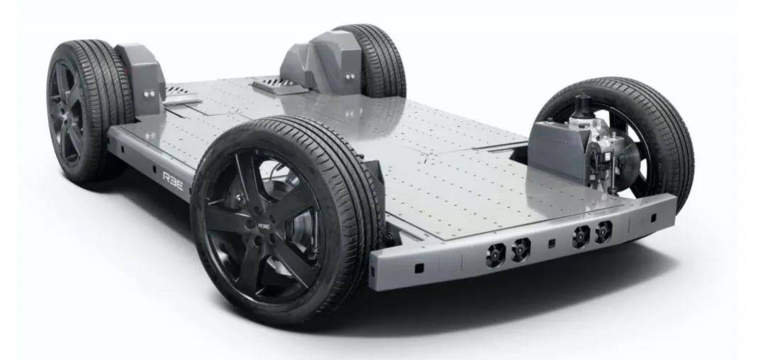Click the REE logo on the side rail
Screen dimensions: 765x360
tap(173, 181)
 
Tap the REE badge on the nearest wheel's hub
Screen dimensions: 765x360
tap(263, 226)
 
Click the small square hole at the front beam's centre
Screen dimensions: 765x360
tap(551, 243)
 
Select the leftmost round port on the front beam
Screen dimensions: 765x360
tap(495, 254)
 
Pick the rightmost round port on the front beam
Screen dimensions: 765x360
tap(603, 231)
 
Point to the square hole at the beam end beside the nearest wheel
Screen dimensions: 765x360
tap(419, 268)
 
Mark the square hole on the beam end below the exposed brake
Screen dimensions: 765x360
tap(653, 218)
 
